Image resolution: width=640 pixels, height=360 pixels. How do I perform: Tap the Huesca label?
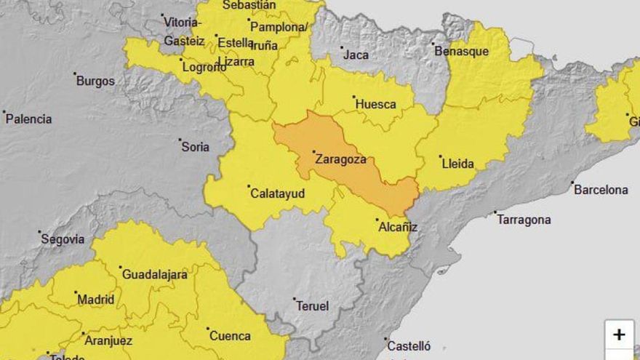point(375,104)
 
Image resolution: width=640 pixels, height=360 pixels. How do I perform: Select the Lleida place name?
point(458,164)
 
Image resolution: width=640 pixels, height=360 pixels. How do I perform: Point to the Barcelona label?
point(601,190)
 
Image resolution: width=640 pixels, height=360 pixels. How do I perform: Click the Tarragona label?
point(524,220)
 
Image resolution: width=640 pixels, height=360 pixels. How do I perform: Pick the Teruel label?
point(312,306)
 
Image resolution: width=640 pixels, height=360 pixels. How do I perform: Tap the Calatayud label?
point(277,193)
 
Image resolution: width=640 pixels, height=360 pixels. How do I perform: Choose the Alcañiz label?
point(398,227)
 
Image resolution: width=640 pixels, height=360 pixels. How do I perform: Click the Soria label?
point(195,147)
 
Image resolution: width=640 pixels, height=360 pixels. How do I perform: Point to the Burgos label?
point(95,81)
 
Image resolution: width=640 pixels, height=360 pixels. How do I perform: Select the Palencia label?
point(29,119)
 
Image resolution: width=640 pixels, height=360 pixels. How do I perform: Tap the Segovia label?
point(63,239)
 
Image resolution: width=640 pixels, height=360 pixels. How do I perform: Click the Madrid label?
point(95,299)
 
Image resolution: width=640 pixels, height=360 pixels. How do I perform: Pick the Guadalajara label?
point(154,274)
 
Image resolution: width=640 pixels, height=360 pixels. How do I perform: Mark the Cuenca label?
point(230,336)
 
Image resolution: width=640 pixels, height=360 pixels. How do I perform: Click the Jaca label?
point(356,55)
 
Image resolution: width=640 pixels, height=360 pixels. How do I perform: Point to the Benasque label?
point(462,51)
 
